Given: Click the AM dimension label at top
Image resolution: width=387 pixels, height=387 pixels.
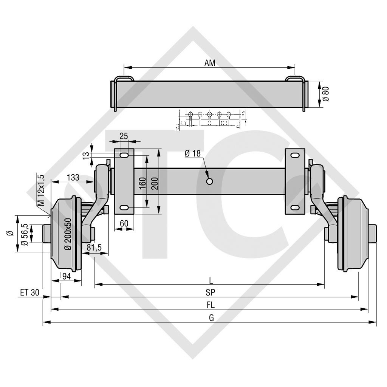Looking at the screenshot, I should (x=210, y=63).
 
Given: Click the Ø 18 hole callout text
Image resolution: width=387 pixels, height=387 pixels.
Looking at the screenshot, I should (x=193, y=153).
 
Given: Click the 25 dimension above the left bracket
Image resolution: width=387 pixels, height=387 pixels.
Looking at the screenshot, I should (x=123, y=136).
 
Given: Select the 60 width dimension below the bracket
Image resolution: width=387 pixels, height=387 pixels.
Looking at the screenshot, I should (x=124, y=223).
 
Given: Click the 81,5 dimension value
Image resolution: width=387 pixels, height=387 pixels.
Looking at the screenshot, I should (x=94, y=248).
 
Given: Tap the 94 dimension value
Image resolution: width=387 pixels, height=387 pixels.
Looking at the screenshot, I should (x=66, y=276).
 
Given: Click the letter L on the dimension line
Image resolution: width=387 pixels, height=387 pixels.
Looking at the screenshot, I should (x=211, y=280).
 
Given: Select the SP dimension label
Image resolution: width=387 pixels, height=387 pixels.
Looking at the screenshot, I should (x=211, y=293).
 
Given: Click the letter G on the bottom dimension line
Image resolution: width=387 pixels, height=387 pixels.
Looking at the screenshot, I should (x=211, y=318).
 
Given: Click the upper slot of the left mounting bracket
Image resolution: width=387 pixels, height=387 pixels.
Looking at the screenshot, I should (x=124, y=155).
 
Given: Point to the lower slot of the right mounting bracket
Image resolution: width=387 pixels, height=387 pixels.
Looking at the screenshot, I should (x=294, y=207).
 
